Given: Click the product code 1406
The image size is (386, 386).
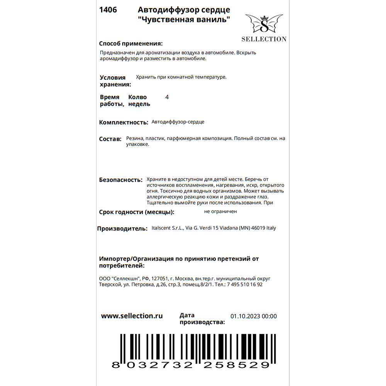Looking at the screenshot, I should tap(108, 10).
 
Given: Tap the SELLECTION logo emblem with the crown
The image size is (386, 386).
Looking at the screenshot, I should tap(264, 24).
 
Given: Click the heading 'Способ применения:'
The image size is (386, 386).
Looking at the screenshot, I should tap(131, 43).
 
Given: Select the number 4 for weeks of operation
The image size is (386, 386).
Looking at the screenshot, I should tap(167, 97).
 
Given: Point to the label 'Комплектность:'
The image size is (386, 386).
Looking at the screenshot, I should tap(124, 122).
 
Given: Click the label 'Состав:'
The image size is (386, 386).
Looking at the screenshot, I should tap(110, 139).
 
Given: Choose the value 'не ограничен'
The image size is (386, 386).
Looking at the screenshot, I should tap(220, 212).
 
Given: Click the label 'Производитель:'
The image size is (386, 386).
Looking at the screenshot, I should tap(122, 229).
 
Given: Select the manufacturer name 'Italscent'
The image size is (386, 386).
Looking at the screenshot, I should tap(164, 228).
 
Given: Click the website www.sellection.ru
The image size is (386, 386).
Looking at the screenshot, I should tap(132, 316).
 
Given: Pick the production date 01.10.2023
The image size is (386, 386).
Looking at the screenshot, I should tap(245, 317).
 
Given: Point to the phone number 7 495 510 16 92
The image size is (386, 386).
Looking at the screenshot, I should tap(245, 284).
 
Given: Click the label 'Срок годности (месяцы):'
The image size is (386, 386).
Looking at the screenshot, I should tap(137, 212).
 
